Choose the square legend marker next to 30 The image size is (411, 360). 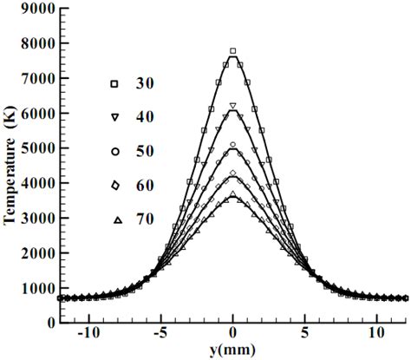coord(114,83)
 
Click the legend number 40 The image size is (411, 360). coord(145,116)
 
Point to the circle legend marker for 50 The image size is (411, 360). coord(114,151)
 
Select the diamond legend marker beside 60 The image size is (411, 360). coord(114,185)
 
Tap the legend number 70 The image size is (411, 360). coord(145,219)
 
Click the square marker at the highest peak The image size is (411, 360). coord(233,51)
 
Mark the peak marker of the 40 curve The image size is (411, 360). coord(233,106)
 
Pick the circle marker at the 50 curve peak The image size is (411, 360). coord(233,145)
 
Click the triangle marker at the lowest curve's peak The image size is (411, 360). coord(233,194)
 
